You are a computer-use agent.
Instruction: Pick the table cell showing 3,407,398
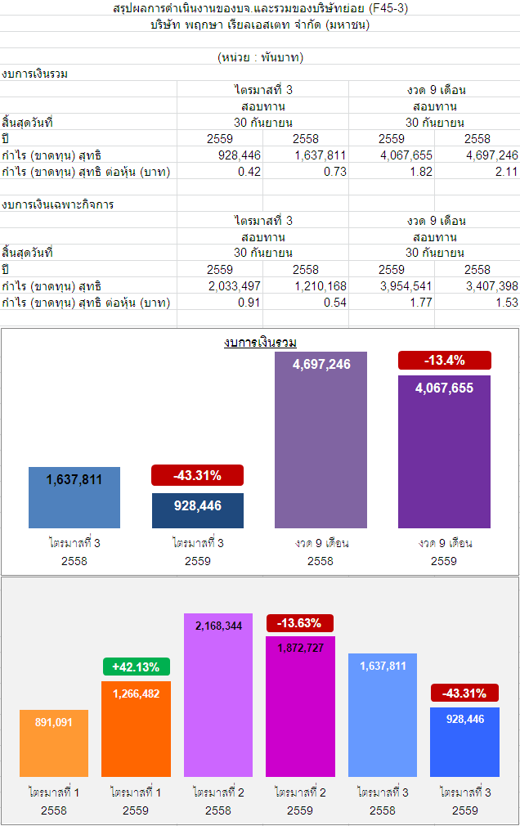491,286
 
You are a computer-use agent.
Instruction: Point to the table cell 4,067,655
410,155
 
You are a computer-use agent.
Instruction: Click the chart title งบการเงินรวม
260,342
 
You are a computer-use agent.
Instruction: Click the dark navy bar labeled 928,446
198,510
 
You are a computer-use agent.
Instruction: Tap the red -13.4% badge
444,360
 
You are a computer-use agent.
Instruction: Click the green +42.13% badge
136,667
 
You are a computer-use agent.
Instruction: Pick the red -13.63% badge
299,623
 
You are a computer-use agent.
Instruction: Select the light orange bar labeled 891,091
54,743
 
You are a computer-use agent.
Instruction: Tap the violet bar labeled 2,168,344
218,695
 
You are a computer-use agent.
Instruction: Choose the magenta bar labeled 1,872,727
300,707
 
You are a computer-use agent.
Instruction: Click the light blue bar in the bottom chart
383,716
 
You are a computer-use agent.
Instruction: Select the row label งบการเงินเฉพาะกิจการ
58,204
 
